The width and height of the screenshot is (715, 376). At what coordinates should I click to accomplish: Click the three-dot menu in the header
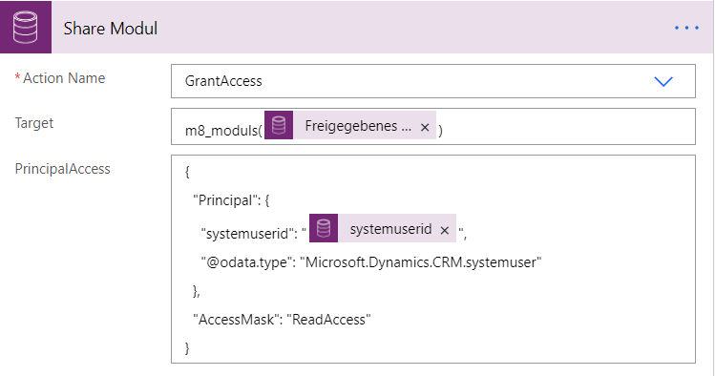click(686, 29)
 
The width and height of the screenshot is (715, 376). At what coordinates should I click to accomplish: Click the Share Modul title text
click(110, 29)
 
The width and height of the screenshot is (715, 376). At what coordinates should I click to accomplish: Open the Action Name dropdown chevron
click(663, 81)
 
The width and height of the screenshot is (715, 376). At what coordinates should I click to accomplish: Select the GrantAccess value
click(223, 82)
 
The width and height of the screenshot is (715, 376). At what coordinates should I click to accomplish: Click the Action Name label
click(65, 78)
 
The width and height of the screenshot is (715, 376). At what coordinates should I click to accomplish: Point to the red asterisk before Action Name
click(17, 78)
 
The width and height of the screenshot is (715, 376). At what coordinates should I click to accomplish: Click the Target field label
click(34, 123)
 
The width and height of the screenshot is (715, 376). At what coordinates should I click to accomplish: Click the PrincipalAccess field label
click(62, 169)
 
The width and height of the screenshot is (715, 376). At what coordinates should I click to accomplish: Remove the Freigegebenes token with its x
click(425, 127)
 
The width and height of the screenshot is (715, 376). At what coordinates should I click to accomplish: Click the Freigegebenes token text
click(358, 126)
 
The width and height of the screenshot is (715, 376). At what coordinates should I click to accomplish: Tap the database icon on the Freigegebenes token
click(278, 126)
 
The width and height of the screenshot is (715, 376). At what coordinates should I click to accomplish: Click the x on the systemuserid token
click(444, 230)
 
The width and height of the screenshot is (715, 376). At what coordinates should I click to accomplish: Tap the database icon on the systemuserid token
click(325, 230)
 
